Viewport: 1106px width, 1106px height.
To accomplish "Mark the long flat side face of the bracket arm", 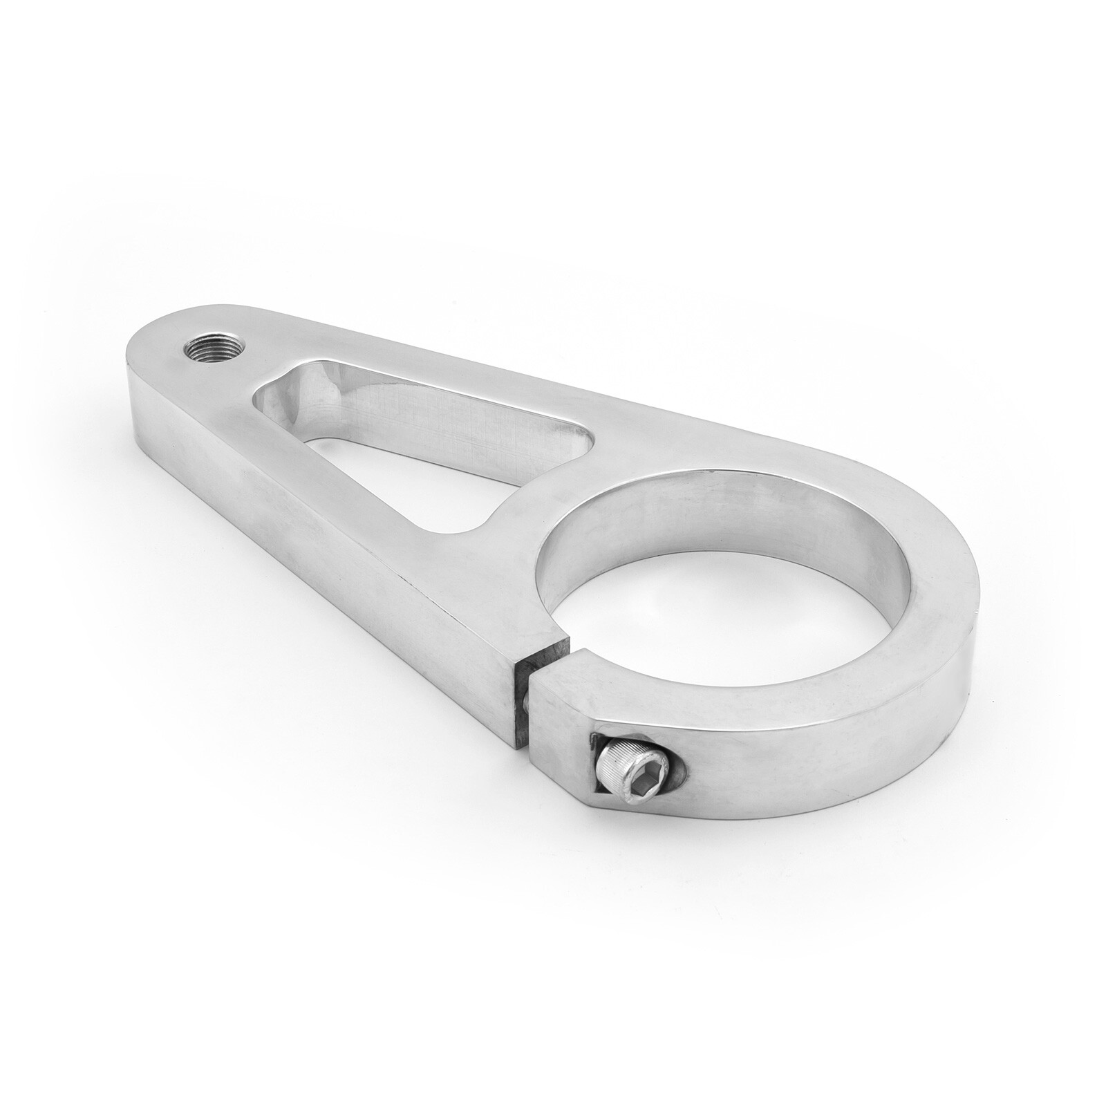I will [x=311, y=512].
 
